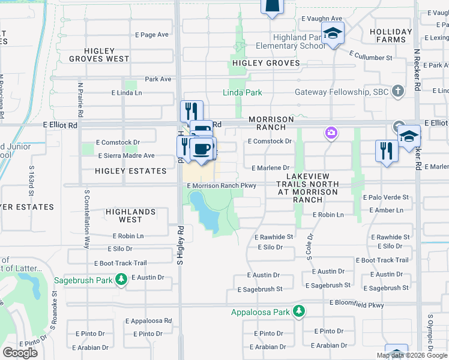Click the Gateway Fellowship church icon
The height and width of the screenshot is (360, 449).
click(397, 91)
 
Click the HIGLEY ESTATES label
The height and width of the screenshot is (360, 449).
click(130, 171)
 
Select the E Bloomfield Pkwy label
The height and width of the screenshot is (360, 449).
click(357, 305)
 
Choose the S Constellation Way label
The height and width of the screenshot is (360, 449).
click(86, 220)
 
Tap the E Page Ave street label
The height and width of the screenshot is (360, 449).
click(152, 35)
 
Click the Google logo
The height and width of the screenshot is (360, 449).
click(20, 353)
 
